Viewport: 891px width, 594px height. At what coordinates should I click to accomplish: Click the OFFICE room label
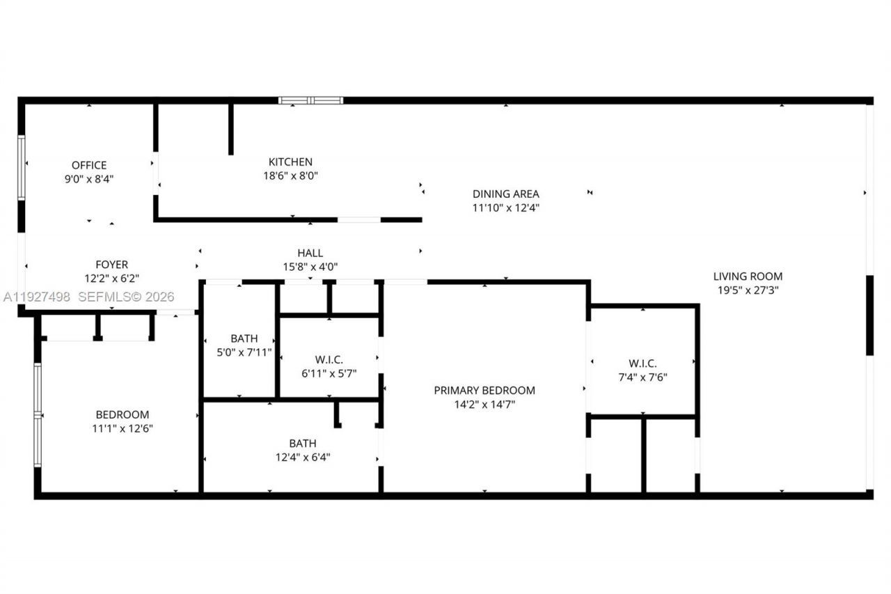[x=89, y=165]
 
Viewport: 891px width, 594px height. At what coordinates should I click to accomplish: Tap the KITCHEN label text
[x=290, y=162]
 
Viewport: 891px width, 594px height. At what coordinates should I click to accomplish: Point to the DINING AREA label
[x=505, y=194]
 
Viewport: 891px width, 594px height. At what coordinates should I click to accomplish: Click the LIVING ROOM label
[x=748, y=276]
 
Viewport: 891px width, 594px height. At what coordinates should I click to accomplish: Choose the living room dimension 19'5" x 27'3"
[x=748, y=290]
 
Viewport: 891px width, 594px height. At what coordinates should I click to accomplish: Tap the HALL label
[x=310, y=253]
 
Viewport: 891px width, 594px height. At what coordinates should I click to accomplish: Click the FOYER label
[x=111, y=265]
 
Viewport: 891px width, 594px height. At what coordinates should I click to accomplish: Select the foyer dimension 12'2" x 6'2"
[x=111, y=278]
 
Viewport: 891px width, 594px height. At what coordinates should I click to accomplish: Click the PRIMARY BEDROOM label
[x=484, y=390]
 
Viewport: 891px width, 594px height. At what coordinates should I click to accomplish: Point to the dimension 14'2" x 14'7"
[x=484, y=404]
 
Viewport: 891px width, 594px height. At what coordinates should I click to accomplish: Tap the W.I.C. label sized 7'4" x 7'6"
[x=642, y=363]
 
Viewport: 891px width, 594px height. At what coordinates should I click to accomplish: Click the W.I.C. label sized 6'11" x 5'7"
[x=329, y=359]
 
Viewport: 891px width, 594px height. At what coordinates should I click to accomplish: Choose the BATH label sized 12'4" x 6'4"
[x=303, y=443]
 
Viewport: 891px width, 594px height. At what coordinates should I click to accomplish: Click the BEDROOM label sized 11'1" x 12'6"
[x=122, y=414]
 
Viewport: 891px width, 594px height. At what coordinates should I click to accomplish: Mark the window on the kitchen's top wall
[x=310, y=100]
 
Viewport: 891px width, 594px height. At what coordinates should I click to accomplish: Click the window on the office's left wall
[x=22, y=168]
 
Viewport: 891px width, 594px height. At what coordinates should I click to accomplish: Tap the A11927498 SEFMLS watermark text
[x=88, y=297]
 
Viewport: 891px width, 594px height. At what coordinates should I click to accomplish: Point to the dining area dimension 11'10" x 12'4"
[x=505, y=208]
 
